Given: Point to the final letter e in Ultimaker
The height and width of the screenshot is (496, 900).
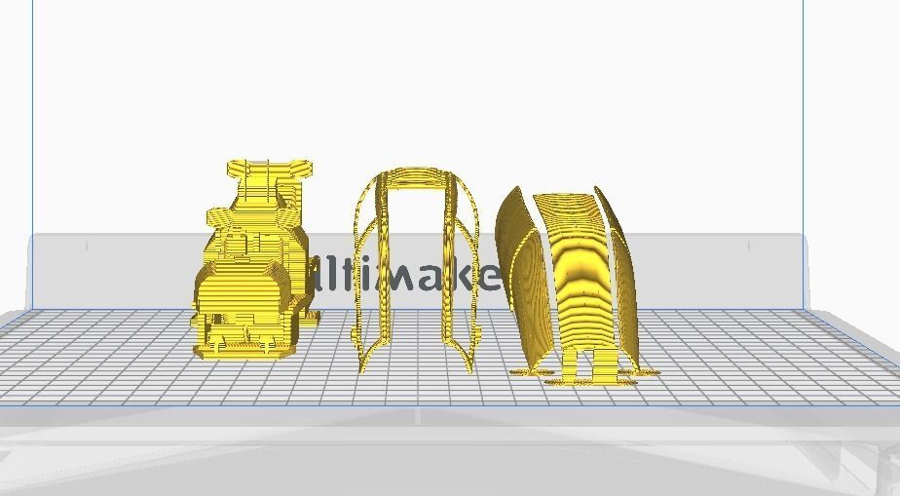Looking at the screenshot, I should (x=491, y=277).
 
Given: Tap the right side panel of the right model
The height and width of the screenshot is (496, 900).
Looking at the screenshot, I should (x=623, y=273).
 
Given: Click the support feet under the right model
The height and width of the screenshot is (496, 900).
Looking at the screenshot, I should (x=584, y=374).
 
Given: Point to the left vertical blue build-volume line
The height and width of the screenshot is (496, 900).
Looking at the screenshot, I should (x=32, y=146).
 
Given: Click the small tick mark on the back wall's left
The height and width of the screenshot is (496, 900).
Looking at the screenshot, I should (x=87, y=246).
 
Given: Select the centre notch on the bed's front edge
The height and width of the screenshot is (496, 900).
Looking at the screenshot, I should (x=418, y=417).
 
